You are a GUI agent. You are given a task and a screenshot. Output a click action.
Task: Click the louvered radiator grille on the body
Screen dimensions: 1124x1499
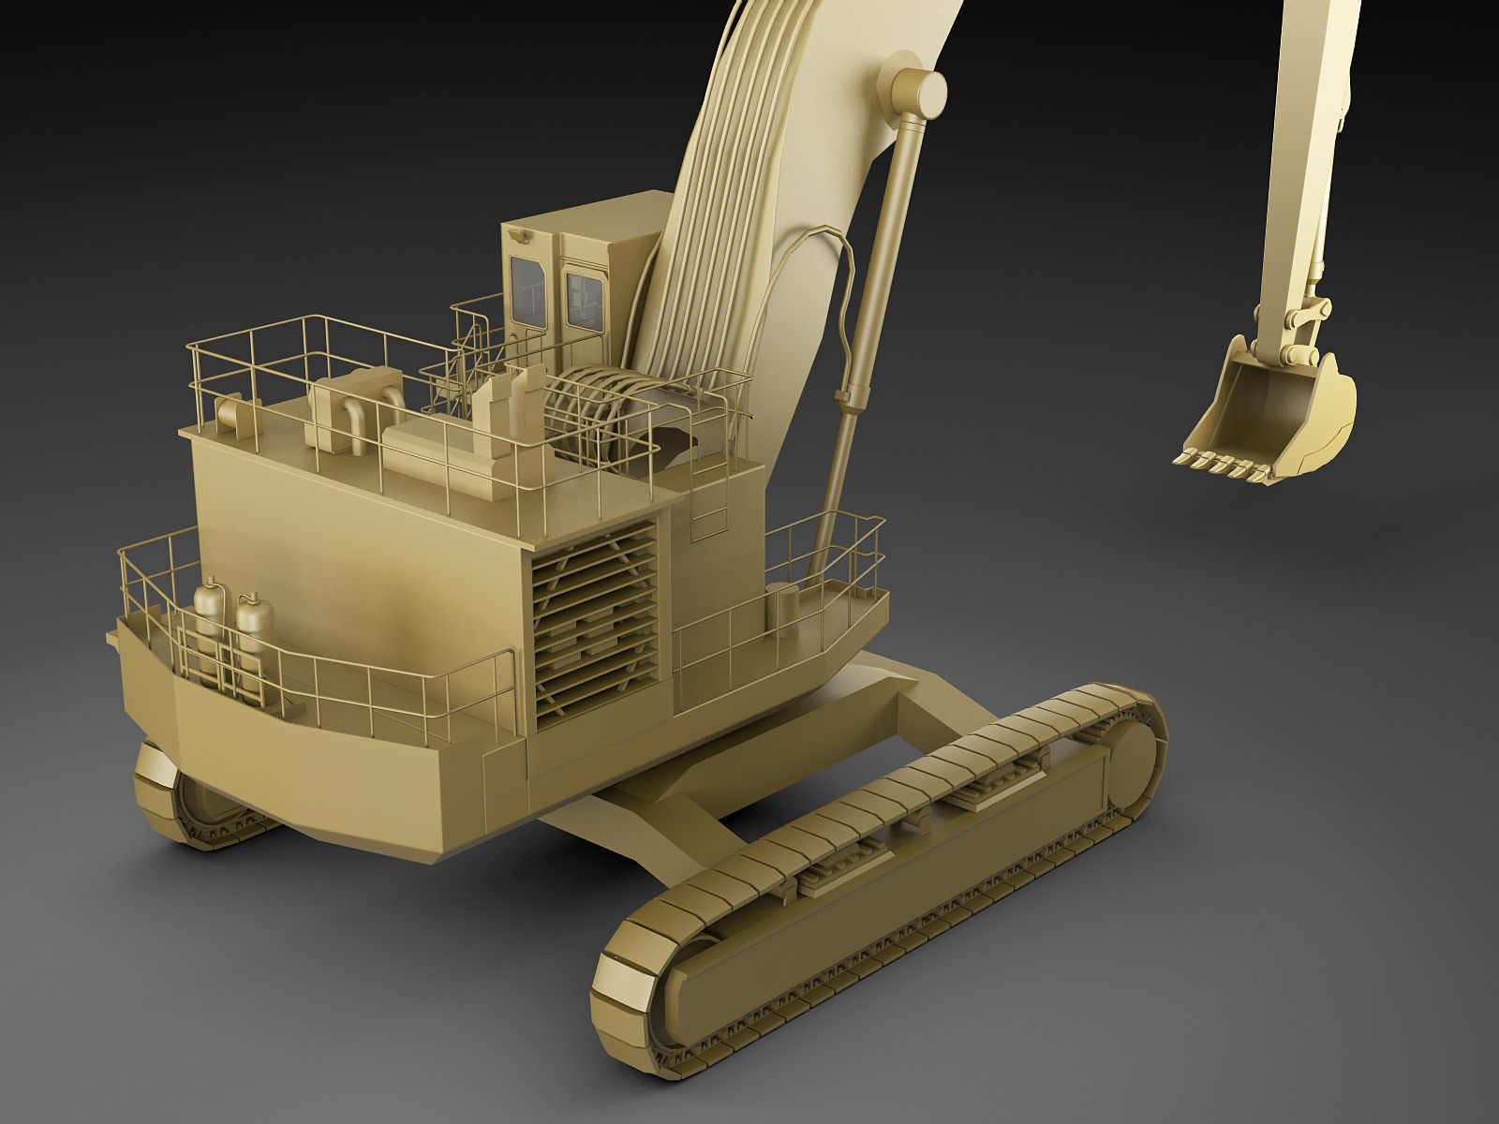click(594, 623)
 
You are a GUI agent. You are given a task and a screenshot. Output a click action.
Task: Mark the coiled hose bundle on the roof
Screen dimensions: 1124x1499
click(595, 412)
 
